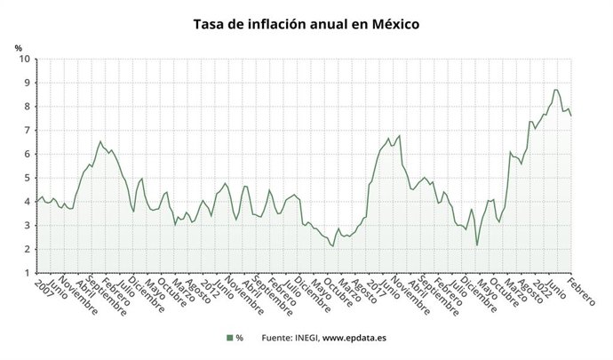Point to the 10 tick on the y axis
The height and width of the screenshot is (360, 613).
(24, 59)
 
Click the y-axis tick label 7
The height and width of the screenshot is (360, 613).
(27, 131)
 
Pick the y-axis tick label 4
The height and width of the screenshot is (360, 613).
(27, 202)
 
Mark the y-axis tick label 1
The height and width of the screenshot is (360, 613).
(27, 273)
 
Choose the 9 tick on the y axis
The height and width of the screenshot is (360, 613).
(27, 83)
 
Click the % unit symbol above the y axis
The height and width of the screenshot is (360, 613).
(18, 47)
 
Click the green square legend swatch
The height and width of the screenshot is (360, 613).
(228, 338)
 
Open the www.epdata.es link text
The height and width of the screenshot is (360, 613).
(354, 338)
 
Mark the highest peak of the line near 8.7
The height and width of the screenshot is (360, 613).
(555, 90)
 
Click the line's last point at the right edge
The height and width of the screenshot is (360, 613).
(570, 116)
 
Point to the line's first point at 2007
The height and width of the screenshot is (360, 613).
(36, 201)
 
